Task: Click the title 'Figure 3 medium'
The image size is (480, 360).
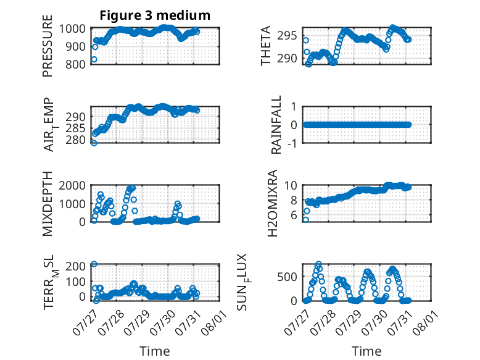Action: tap(155, 15)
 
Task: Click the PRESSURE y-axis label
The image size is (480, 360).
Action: tap(48, 46)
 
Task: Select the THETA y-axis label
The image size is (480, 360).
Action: tap(266, 46)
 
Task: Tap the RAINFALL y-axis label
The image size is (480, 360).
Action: tap(276, 125)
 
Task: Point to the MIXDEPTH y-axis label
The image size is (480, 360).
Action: tap(48, 203)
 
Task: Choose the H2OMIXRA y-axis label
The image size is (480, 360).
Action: tap(272, 203)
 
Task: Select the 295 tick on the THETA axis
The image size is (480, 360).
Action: tap(287, 36)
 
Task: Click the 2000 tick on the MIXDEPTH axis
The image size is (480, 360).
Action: tap(72, 185)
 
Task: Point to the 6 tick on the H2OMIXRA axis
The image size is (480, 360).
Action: tap(294, 215)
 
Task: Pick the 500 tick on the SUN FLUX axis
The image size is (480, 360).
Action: tap(287, 277)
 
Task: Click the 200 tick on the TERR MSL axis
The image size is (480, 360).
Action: tap(76, 266)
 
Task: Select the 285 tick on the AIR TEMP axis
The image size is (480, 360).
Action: tap(76, 128)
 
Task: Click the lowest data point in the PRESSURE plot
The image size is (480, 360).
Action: tap(94, 59)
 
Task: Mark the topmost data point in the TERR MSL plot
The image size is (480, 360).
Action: tap(94, 264)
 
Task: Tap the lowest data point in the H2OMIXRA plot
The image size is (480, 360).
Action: tap(305, 220)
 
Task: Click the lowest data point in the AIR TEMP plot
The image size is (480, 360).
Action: tap(94, 143)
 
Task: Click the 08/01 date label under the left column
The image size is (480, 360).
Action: tap(214, 322)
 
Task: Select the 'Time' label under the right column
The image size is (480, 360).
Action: tap(366, 351)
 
